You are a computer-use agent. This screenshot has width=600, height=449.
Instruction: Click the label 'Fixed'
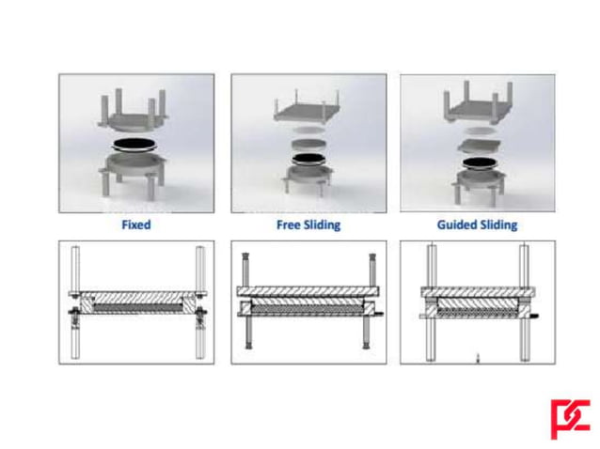[135, 225]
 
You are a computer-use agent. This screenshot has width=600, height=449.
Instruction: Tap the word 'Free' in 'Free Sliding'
[288, 225]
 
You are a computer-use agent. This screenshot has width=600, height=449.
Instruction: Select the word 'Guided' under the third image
[458, 225]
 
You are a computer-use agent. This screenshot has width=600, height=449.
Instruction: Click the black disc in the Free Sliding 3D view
[307, 160]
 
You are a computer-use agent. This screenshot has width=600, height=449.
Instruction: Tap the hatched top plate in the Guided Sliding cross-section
[478, 290]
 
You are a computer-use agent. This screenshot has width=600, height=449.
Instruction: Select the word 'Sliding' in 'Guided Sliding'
[498, 225]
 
